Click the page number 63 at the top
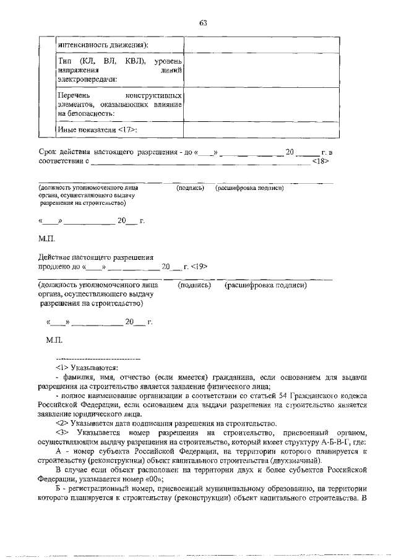coord(202,23)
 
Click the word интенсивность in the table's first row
coord(80,45)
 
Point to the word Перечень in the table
coord(73,96)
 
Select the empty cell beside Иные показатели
coord(261,129)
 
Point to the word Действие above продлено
coord(58,257)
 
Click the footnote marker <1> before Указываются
coord(62,368)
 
